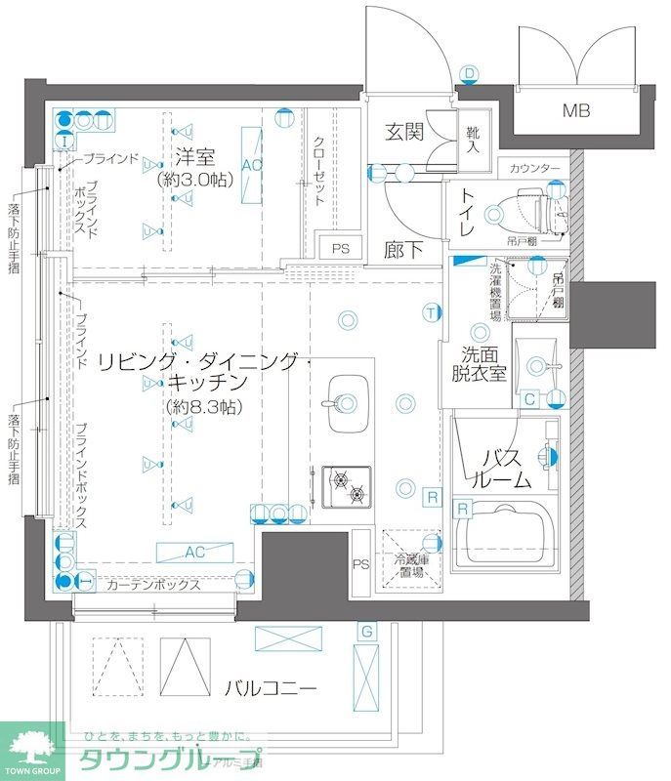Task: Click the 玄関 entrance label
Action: point(402,132)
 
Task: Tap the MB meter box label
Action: point(575,110)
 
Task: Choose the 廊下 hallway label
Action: point(402,251)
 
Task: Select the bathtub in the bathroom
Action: point(503,533)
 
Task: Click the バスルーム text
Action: point(504,468)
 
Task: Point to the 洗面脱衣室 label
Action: point(477,364)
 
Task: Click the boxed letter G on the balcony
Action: point(365,632)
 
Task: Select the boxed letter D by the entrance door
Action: point(469,73)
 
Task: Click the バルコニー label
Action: point(270,688)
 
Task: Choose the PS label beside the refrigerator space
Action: point(360,563)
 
